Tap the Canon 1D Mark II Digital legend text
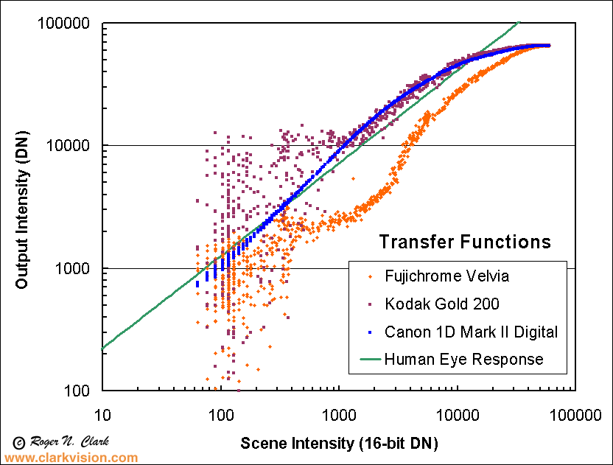point(472,332)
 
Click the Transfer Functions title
point(465,242)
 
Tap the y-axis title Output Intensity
point(22,208)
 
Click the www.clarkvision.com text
point(71,458)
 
